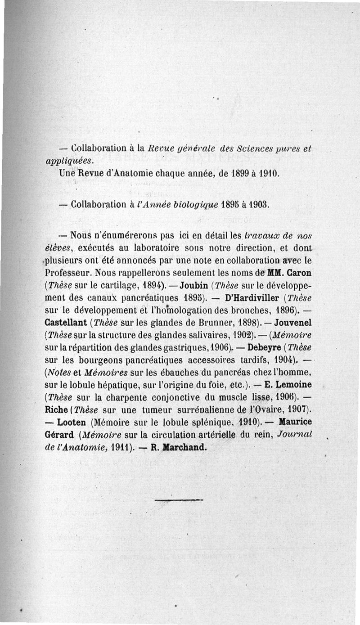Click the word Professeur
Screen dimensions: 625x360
(x=67, y=273)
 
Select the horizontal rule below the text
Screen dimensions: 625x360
(x=179, y=499)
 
